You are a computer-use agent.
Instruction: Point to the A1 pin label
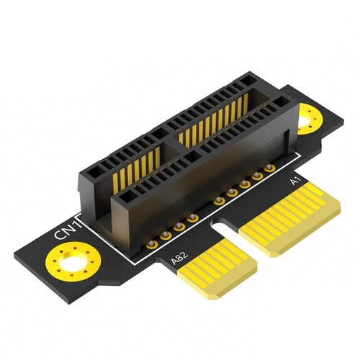click(294, 183)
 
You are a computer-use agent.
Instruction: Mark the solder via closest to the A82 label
click(153, 242)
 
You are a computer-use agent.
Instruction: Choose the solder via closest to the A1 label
click(270, 168)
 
